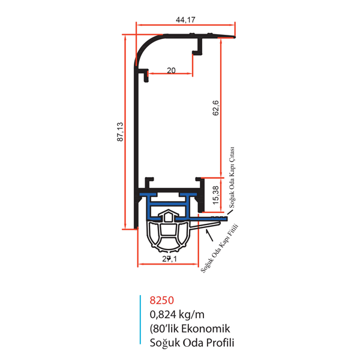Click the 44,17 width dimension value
pos(185,20)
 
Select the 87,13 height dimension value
pos(120,132)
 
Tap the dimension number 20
pos(171,70)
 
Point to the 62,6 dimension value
pos(216,108)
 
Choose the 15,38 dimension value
pos(216,195)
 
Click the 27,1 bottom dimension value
pos(169,259)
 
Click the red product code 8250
pos(161,301)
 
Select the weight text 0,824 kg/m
pos(177,314)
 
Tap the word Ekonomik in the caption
pos(205,329)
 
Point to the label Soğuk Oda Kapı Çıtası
pos(232,177)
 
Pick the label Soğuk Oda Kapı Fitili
pos(220,248)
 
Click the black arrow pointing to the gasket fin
pos(209,235)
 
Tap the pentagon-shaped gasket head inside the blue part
pos(168,216)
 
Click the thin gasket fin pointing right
pos(205,225)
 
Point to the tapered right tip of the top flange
pos(234,37)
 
